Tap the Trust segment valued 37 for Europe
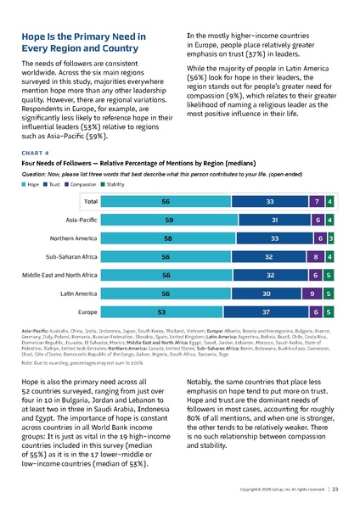[x=269, y=311]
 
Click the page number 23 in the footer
[x=336, y=490]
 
